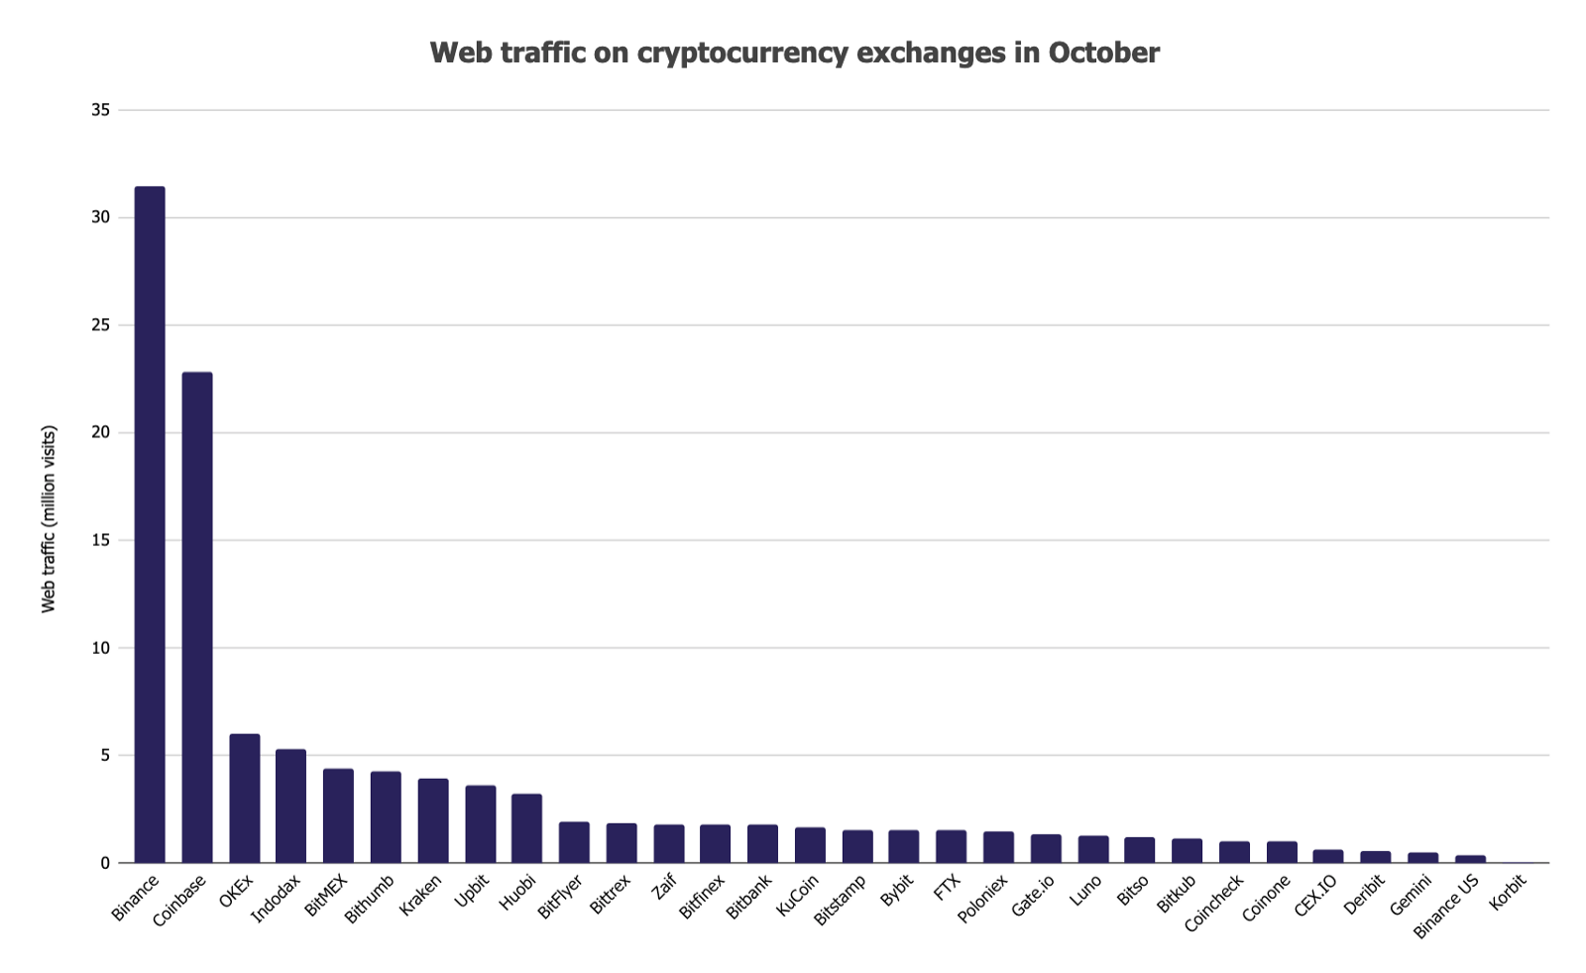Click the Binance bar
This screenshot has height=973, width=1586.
150,525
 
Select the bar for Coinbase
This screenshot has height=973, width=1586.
197,617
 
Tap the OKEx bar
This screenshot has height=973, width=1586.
245,799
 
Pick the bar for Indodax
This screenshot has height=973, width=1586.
290,806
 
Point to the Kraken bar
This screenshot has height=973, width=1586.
433,820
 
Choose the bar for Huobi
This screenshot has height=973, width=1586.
526,828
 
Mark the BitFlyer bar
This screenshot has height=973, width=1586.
574,842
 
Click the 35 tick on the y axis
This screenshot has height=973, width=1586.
100,110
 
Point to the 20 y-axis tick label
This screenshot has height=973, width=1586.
100,433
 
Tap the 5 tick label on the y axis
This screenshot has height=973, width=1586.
104,756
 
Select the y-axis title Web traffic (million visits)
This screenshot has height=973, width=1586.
49,519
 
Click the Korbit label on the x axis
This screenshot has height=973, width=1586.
1509,890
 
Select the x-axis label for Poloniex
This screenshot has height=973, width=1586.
982,897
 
